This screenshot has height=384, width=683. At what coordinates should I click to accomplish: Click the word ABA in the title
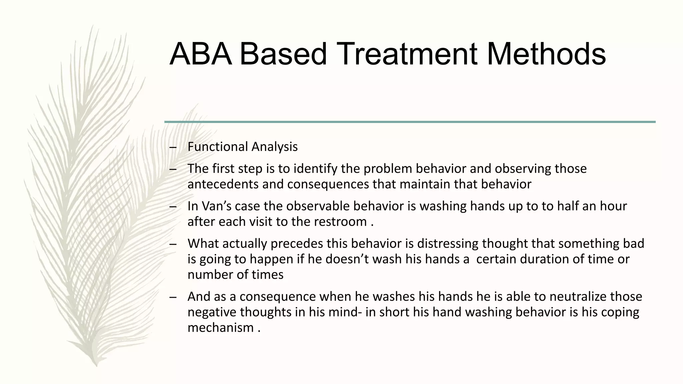(x=201, y=54)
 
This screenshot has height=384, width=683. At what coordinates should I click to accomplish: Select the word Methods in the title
(x=546, y=54)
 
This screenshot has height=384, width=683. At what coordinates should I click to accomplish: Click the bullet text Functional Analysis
(x=242, y=147)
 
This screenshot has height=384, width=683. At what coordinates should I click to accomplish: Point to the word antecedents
(x=223, y=184)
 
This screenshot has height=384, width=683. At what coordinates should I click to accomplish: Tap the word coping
(x=620, y=312)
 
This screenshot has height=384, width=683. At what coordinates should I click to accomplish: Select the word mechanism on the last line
(x=220, y=327)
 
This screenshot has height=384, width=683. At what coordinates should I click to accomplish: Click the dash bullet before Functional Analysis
(x=172, y=147)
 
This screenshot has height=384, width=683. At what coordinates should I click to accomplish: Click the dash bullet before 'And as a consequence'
(x=172, y=297)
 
